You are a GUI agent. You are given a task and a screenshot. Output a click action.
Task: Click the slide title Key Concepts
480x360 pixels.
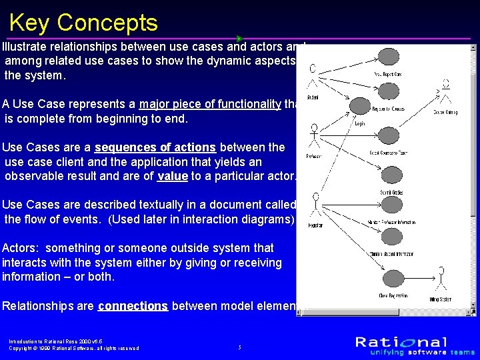83,23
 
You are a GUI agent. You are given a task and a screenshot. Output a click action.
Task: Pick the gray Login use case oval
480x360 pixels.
360,106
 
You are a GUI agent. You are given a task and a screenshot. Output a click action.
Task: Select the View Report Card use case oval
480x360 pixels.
387,57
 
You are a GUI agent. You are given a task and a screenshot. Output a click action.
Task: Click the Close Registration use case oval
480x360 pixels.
387,278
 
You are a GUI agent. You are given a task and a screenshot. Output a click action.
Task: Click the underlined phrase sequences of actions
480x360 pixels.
156,147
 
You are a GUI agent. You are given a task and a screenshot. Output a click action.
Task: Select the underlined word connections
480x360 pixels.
133,306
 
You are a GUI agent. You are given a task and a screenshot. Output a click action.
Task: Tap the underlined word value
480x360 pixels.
172,177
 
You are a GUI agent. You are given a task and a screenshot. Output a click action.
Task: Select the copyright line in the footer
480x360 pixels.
74,348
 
